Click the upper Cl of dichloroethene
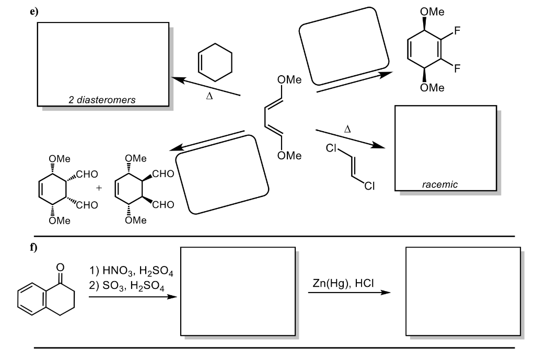[x=330, y=149]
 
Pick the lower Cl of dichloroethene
[x=370, y=187]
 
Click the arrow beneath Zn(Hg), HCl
[x=349, y=293]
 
